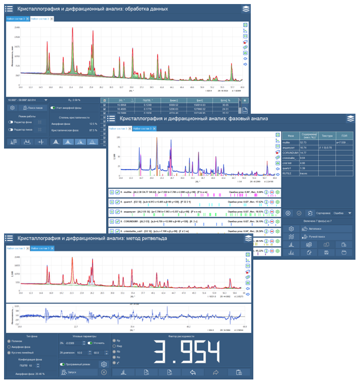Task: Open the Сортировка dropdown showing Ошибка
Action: [x=343, y=213]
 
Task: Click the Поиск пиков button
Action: [x=31, y=108]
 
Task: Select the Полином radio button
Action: [x=9, y=342]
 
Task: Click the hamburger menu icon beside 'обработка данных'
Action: [x=10, y=9]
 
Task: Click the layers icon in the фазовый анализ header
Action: [x=350, y=118]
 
